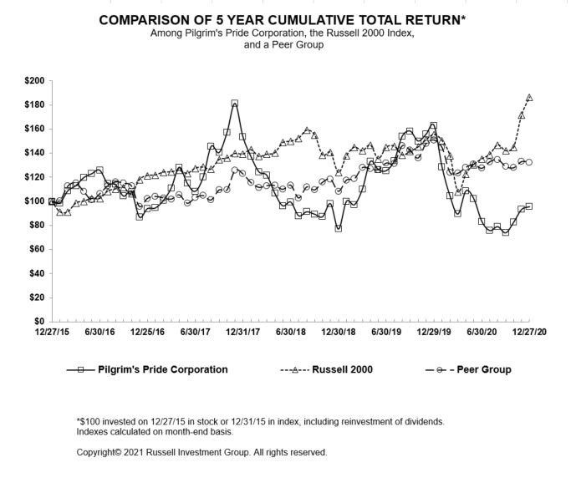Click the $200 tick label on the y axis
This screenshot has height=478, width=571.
click(x=33, y=81)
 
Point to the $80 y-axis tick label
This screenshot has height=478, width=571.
click(x=36, y=226)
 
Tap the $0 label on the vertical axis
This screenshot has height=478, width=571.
click(x=39, y=322)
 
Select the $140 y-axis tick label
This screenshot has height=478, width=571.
click(x=33, y=154)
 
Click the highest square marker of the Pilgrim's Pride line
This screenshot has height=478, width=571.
click(x=234, y=104)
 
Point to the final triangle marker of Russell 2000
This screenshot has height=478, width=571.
click(x=529, y=98)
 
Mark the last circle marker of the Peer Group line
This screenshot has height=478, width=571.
click(x=529, y=162)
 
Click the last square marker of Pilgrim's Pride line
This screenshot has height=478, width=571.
click(x=529, y=206)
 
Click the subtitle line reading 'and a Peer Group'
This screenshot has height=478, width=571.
click(x=283, y=43)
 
